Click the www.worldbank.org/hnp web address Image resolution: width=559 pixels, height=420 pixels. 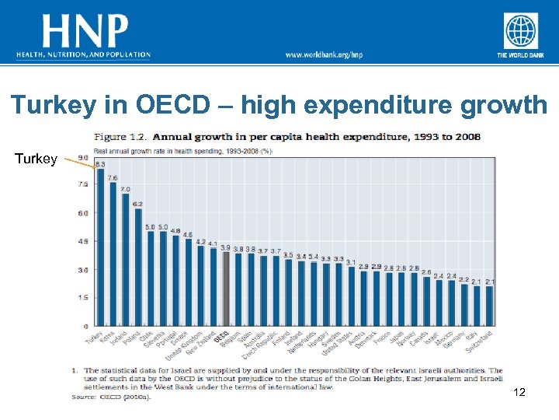click(x=324, y=54)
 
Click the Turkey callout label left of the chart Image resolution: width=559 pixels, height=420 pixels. click(x=35, y=159)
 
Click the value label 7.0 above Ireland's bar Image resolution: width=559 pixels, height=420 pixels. click(x=125, y=189)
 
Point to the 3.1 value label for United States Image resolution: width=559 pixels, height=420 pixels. click(x=351, y=262)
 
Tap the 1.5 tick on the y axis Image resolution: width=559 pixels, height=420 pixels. click(x=82, y=297)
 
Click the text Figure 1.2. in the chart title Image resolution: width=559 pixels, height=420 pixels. click(x=120, y=137)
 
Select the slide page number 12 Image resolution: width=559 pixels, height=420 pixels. click(x=519, y=394)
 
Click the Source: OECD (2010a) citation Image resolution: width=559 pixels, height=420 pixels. click(x=112, y=397)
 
